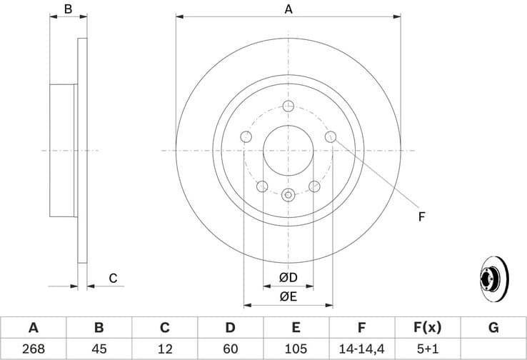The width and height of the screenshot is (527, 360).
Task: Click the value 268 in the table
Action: (33, 349)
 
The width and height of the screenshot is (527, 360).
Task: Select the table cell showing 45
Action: (99, 349)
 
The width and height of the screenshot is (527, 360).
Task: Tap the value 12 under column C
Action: (164, 349)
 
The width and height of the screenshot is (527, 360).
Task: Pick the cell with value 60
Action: (230, 349)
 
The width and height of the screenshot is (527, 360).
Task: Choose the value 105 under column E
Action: (296, 349)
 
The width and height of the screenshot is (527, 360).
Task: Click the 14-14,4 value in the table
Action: (362, 349)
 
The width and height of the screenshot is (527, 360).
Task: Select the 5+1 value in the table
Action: (428, 349)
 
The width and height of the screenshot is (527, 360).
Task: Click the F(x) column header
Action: (428, 328)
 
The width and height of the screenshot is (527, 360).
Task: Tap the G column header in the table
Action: (493, 328)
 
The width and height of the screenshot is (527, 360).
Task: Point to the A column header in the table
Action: (33, 328)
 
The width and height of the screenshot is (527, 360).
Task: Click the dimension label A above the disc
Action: (288, 9)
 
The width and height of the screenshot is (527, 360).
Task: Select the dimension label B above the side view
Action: (68, 9)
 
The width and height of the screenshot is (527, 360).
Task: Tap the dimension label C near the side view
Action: (113, 278)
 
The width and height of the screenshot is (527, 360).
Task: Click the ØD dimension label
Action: (288, 277)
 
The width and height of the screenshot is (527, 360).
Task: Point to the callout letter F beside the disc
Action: (421, 216)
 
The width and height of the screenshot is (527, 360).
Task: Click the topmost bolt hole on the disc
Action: (288, 106)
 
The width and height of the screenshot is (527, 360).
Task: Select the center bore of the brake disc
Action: (288, 151)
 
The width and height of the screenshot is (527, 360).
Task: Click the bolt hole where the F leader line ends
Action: (331, 136)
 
